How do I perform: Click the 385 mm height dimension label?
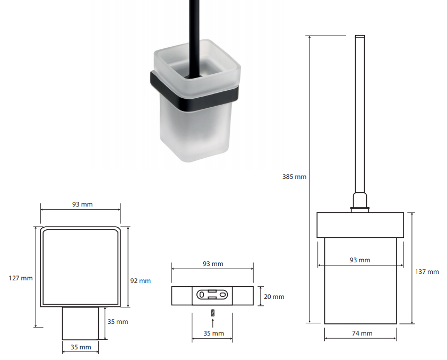[294, 177]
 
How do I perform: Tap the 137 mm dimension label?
[427, 272]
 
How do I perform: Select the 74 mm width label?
[362, 333]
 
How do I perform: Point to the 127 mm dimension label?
[21, 278]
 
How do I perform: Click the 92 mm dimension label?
[140, 281]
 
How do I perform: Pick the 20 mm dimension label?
[274, 297]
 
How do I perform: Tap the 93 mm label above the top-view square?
[82, 204]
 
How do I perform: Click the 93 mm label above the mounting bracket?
[213, 264]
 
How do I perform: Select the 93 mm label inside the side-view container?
[360, 260]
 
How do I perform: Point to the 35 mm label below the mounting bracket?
[214, 333]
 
